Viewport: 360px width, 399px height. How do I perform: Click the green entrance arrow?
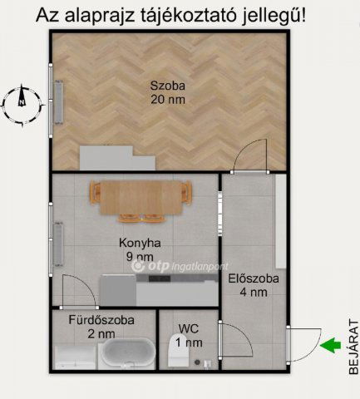[x=330, y=345]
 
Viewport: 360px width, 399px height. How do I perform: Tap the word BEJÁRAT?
[x=353, y=347]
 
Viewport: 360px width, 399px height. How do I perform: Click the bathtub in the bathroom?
[x=127, y=352]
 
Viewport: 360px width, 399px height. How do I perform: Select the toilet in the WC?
[x=179, y=351]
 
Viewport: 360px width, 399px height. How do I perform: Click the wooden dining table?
[x=141, y=198]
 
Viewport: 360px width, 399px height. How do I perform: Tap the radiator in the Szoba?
[x=59, y=102]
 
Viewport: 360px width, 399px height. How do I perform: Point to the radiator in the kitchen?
[x=58, y=244]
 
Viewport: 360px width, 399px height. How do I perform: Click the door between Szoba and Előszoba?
[x=250, y=157]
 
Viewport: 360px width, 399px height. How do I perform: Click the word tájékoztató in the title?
[x=189, y=15]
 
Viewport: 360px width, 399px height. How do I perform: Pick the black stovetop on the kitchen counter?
[x=160, y=278]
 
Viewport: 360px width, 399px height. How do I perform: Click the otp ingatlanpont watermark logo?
[x=180, y=266]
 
